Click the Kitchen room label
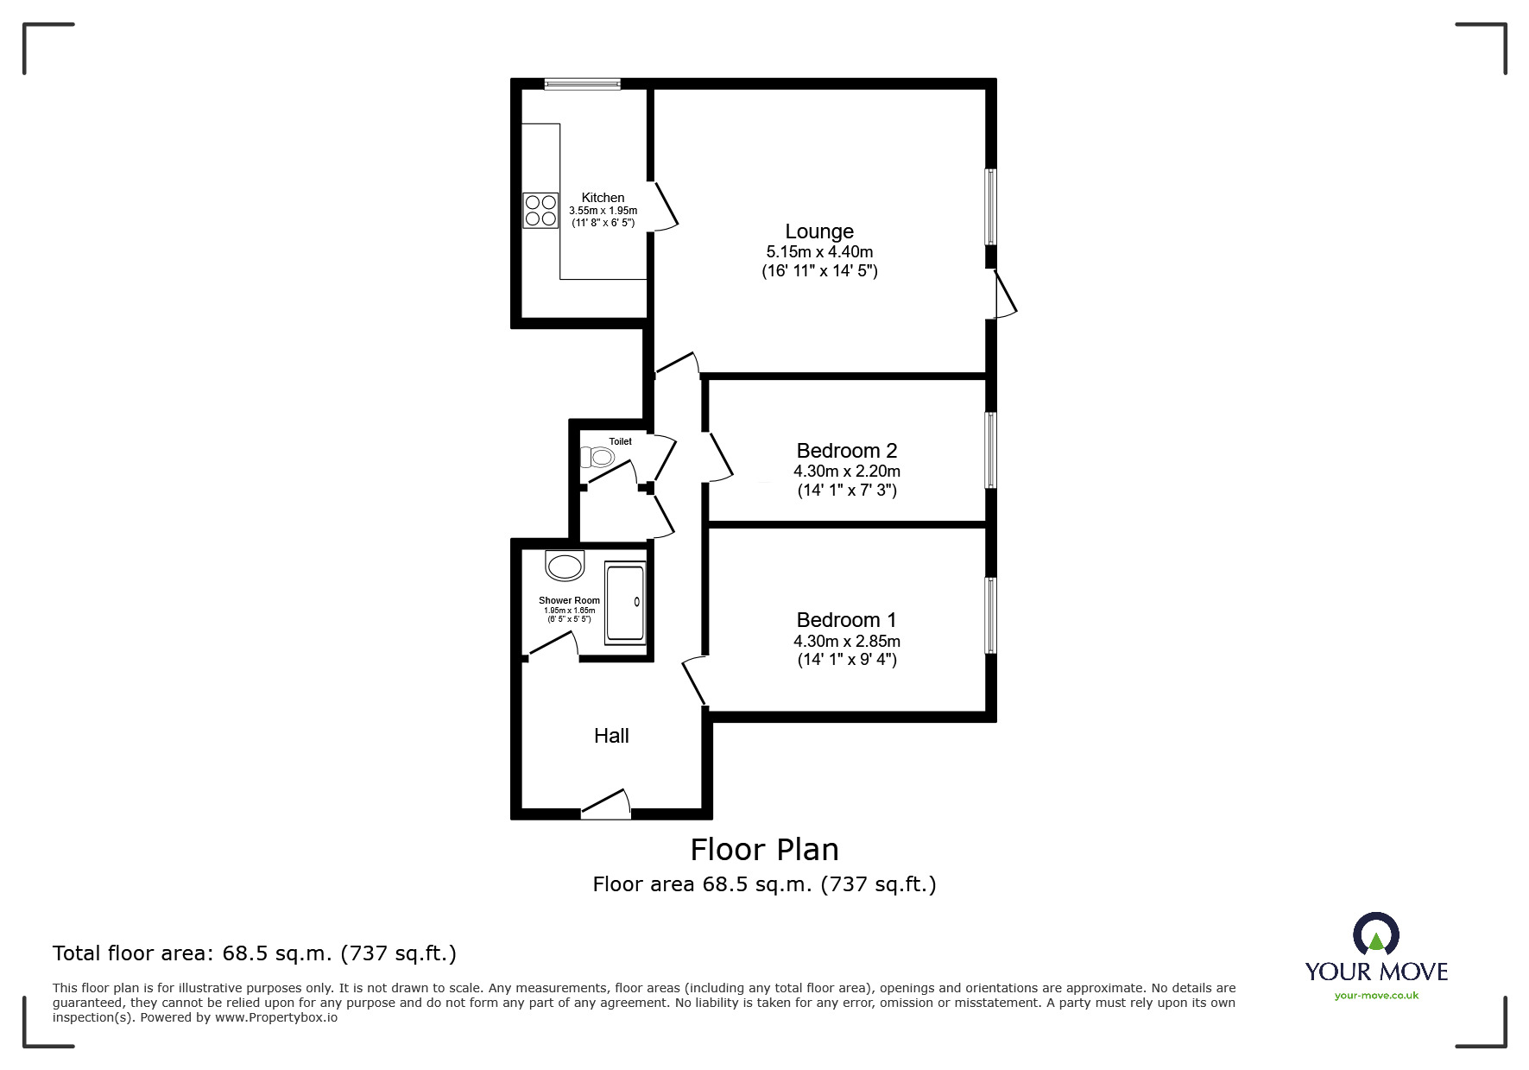tap(603, 198)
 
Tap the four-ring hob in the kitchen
tap(540, 210)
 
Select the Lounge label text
tap(819, 231)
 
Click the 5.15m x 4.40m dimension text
tap(819, 252)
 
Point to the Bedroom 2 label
tap(846, 451)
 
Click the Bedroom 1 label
tap(846, 620)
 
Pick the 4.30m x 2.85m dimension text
tap(846, 642)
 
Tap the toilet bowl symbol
tap(598, 457)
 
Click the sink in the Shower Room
tap(565, 567)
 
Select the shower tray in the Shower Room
tap(625, 602)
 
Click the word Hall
tap(611, 736)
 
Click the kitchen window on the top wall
tap(583, 84)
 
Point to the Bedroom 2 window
tap(991, 450)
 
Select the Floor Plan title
tap(764, 850)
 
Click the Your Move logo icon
tap(1375, 935)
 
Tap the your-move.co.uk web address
tap(1376, 996)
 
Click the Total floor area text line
tap(255, 953)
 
